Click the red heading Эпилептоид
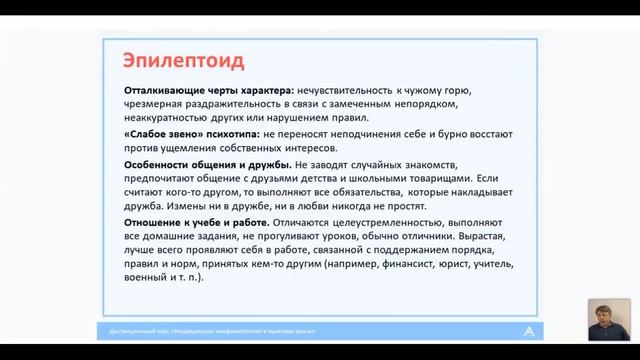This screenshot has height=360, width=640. pyautogui.click(x=182, y=59)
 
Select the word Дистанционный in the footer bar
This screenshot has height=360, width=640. pyautogui.click(x=133, y=331)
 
